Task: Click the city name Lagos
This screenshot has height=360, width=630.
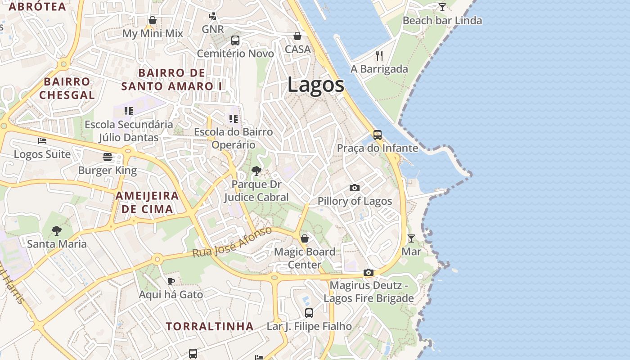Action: [316, 85]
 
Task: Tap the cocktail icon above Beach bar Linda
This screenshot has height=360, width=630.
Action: [442, 7]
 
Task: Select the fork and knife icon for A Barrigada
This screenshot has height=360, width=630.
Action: [379, 55]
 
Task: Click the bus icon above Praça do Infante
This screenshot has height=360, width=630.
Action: [378, 135]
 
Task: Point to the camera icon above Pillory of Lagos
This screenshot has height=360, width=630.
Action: [355, 188]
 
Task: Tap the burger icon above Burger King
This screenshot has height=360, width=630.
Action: [108, 157]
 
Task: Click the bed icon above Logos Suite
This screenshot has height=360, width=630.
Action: [42, 141]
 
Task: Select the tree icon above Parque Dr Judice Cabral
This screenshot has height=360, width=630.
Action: [256, 171]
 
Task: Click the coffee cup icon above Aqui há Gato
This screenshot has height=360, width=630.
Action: [171, 281]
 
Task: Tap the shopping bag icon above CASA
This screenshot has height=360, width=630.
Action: [297, 36]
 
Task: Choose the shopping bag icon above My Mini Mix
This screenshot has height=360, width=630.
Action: [153, 20]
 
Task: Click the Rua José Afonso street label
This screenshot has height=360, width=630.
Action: [232, 242]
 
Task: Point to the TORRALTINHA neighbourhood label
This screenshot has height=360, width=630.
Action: [210, 326]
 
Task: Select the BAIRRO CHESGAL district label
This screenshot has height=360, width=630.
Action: [67, 88]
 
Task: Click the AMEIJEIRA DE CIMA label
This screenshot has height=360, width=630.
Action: [148, 202]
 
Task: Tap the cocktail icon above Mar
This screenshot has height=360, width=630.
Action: [411, 238]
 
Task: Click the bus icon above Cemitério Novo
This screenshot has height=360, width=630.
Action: [235, 40]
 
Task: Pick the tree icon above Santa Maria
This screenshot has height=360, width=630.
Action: [57, 231]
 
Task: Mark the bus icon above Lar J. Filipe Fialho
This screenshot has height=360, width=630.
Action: [309, 313]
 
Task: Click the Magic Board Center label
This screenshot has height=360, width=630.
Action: [305, 258]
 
